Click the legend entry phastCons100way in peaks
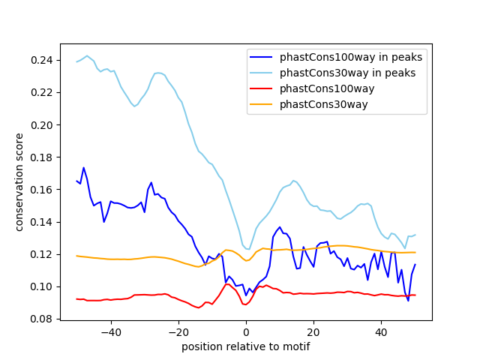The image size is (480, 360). (350, 57)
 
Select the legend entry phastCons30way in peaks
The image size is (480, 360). (348, 73)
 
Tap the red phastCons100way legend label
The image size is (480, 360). (337, 88)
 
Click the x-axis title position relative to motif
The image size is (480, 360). (245, 346)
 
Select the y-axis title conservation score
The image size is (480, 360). (19, 182)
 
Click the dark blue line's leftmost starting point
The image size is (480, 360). (77, 181)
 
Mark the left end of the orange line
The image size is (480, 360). (77, 256)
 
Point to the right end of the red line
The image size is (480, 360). (415, 295)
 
